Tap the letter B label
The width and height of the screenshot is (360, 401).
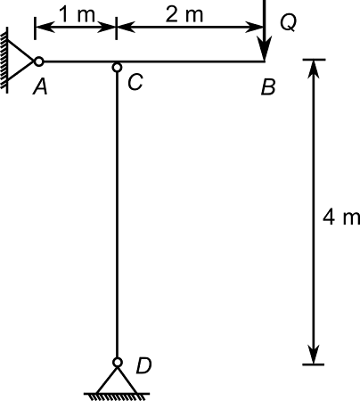coord(267,87)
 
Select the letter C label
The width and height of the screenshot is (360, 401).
coord(135,82)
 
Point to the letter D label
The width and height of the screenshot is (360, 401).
coord(143,364)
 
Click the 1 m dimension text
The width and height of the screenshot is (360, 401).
coord(75,13)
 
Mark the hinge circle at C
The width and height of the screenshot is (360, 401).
coord(117,67)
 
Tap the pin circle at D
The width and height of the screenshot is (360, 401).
coord(117,363)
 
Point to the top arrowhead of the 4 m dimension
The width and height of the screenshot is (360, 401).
coord(314,68)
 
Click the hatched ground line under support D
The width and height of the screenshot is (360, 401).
coord(117,395)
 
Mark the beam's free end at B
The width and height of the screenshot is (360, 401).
coord(265,61)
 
